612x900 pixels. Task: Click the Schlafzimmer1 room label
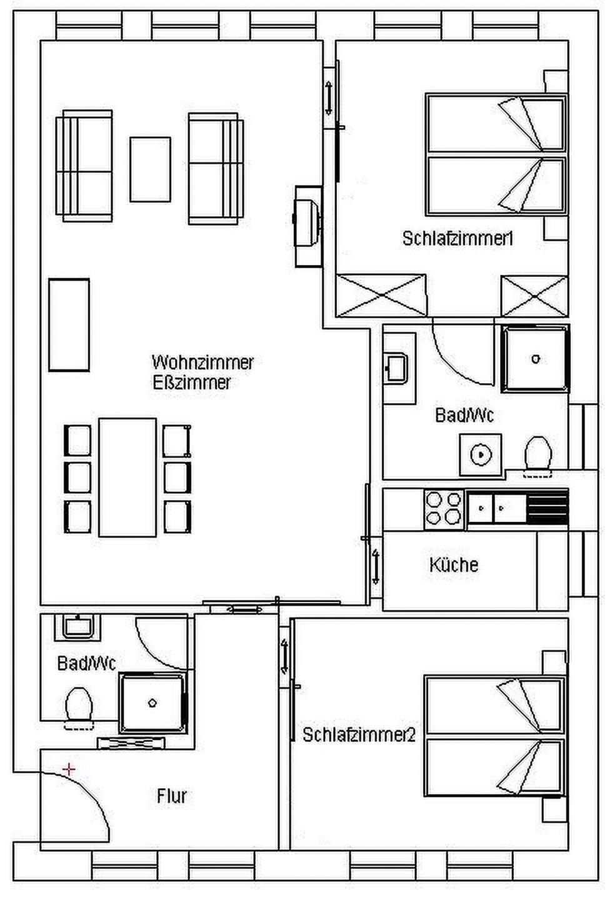click(x=458, y=239)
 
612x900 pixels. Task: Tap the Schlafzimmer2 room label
click(x=359, y=735)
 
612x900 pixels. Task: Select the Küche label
click(x=454, y=564)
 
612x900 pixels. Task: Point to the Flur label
click(x=171, y=796)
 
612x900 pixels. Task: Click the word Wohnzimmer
click(x=203, y=362)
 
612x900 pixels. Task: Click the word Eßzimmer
click(x=192, y=382)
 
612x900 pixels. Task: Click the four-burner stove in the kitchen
click(x=444, y=509)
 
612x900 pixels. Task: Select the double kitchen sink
click(x=496, y=508)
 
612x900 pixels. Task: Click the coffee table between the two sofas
click(x=150, y=169)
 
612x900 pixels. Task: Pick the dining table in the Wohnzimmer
click(x=128, y=477)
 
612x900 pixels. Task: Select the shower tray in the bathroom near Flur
click(x=153, y=703)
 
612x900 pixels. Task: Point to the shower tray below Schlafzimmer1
click(x=535, y=359)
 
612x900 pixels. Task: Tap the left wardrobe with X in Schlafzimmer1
click(x=381, y=296)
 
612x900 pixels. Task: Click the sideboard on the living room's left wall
click(x=69, y=324)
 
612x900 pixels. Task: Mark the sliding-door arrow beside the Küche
click(x=375, y=567)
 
